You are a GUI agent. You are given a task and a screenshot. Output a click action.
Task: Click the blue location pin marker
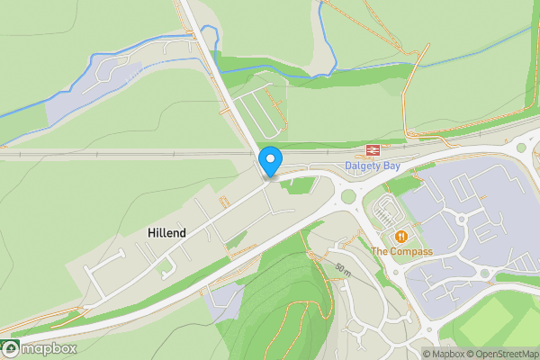[x=271, y=161]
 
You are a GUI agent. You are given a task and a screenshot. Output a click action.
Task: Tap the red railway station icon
[x=370, y=150]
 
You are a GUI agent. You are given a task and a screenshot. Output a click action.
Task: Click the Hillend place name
[x=166, y=233]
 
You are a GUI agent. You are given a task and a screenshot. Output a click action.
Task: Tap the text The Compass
[x=401, y=251]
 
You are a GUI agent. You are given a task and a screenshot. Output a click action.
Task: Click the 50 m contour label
[x=343, y=269]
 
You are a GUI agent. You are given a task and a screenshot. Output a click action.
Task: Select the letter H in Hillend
[x=150, y=233]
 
